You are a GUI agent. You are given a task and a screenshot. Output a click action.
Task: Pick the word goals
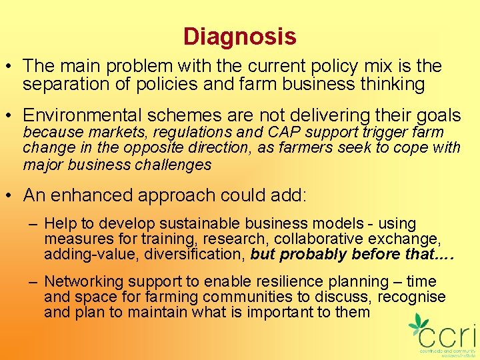pos(436,115)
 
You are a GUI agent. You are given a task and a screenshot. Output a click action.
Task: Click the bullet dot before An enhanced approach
pos(11,195)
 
